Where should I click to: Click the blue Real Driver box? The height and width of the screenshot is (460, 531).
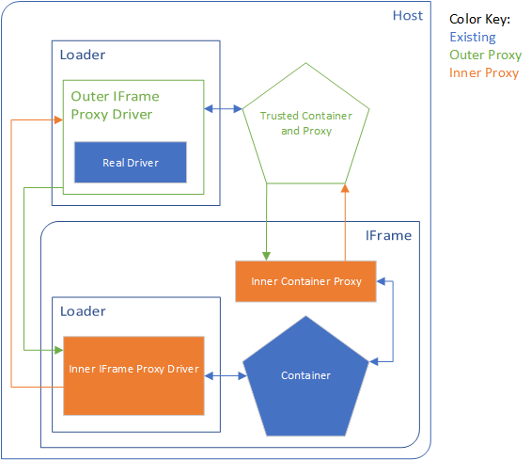tap(131, 163)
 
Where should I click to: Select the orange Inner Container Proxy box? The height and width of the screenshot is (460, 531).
tap(305, 281)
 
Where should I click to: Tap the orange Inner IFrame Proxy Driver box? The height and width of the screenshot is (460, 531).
tap(133, 369)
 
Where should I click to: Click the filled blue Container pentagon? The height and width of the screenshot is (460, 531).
tap(305, 375)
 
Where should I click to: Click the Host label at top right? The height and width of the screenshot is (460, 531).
tap(407, 16)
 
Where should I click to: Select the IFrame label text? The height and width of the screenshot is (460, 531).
tap(387, 235)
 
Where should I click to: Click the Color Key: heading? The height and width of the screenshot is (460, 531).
tap(479, 19)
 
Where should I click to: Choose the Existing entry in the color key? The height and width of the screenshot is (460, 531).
tap(473, 37)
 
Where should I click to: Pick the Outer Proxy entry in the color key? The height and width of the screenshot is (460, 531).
tap(485, 55)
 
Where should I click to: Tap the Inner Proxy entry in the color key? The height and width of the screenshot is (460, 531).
tap(483, 72)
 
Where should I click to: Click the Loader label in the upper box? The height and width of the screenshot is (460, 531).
tap(83, 55)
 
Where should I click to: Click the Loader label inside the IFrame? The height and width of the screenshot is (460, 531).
tap(83, 311)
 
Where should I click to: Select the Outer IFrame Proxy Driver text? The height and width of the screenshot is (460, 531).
tap(115, 104)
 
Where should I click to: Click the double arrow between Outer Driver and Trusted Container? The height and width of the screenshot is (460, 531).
tap(224, 110)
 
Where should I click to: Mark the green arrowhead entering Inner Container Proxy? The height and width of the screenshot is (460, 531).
tap(267, 256)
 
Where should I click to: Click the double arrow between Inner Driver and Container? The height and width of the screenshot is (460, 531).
tap(225, 375)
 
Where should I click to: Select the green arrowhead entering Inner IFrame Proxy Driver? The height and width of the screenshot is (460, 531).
tap(58, 349)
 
